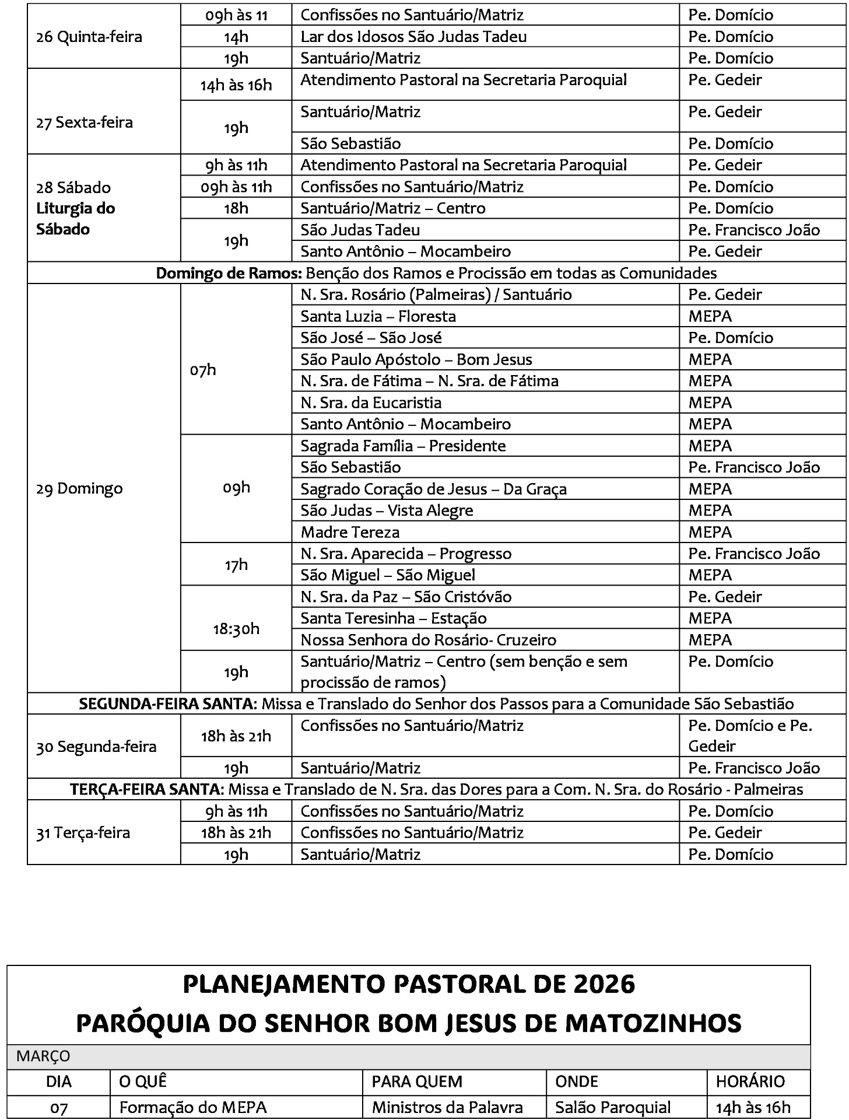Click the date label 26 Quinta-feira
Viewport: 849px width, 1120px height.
click(x=89, y=37)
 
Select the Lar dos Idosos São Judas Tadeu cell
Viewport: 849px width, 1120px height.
click(x=413, y=37)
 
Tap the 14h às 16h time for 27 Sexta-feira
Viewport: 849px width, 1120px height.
click(x=236, y=85)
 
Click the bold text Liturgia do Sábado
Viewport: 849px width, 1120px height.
click(x=75, y=219)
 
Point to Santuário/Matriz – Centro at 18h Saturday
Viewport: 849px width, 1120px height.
click(x=392, y=208)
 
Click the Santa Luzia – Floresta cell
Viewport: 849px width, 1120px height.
click(x=378, y=316)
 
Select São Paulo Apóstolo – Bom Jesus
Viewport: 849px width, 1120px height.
click(x=416, y=359)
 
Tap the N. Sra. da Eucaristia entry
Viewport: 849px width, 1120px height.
click(x=371, y=402)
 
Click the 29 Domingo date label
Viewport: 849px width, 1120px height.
click(x=79, y=488)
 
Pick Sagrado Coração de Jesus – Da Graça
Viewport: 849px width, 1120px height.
click(x=433, y=489)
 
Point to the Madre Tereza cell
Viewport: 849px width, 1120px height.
click(x=350, y=532)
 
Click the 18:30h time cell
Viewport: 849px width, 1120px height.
click(x=236, y=629)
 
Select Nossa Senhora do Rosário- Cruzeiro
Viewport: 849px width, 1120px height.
click(x=428, y=640)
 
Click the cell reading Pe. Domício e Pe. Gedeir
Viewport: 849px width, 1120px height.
click(x=750, y=736)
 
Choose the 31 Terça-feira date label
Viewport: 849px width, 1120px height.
click(x=83, y=832)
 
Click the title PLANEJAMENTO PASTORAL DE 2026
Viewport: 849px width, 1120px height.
click(x=408, y=985)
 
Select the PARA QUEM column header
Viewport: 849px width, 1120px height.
click(x=417, y=1081)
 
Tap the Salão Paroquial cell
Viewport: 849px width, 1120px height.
click(x=613, y=1107)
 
